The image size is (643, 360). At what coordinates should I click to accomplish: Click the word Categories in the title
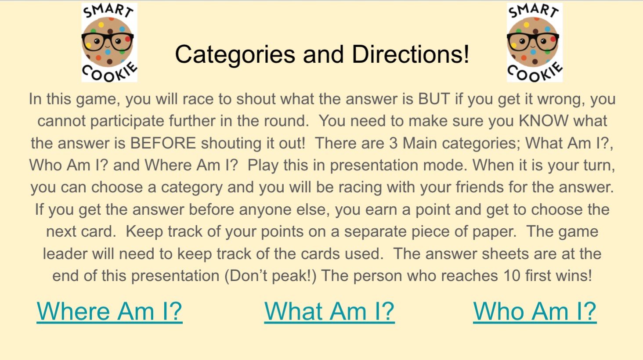click(x=235, y=55)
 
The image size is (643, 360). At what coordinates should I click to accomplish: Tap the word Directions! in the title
click(x=411, y=54)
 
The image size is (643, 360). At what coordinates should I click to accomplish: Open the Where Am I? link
click(x=109, y=312)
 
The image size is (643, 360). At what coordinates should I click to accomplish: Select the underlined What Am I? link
click(x=329, y=312)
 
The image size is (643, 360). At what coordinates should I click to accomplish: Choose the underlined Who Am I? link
click(x=535, y=312)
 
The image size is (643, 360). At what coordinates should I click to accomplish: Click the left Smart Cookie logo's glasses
click(x=108, y=41)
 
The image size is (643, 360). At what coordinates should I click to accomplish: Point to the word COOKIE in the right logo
click(x=535, y=72)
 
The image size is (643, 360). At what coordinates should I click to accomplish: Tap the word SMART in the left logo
click(x=108, y=11)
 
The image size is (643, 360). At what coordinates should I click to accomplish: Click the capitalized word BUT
click(x=434, y=99)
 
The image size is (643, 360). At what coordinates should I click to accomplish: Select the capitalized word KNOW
click(x=543, y=121)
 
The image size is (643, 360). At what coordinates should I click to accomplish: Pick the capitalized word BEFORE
click(x=163, y=143)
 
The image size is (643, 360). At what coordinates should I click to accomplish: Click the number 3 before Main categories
click(x=393, y=143)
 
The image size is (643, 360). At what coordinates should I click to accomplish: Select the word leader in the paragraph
click(x=65, y=254)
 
